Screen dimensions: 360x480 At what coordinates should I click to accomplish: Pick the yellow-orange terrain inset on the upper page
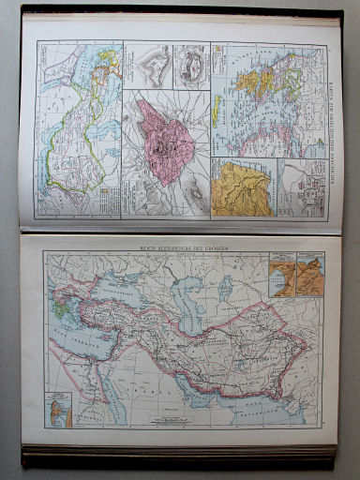(x=240, y=187)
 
